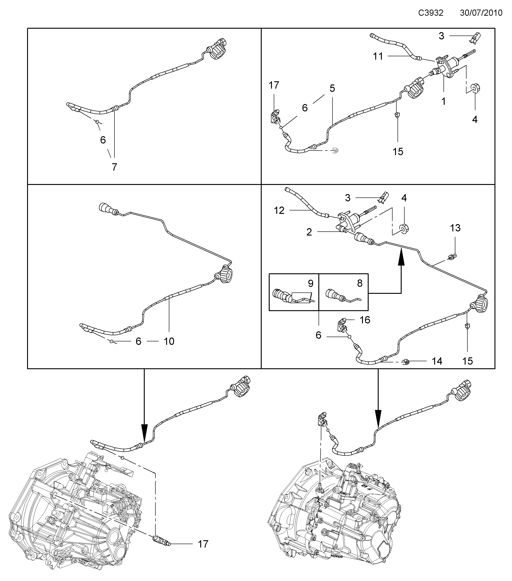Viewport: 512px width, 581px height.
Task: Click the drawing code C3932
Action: (x=431, y=13)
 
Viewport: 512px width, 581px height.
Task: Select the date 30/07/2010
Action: (x=481, y=13)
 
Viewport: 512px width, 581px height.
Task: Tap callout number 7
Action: (x=114, y=167)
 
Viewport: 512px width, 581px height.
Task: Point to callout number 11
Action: (x=378, y=56)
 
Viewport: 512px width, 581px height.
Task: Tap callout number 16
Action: (x=365, y=320)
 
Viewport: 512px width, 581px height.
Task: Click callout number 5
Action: (x=332, y=88)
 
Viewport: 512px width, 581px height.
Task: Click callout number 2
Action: (x=309, y=232)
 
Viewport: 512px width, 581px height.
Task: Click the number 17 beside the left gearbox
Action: (x=203, y=544)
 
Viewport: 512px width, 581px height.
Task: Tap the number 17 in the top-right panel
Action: (x=274, y=85)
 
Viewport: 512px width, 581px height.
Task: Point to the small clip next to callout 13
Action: (x=452, y=258)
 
